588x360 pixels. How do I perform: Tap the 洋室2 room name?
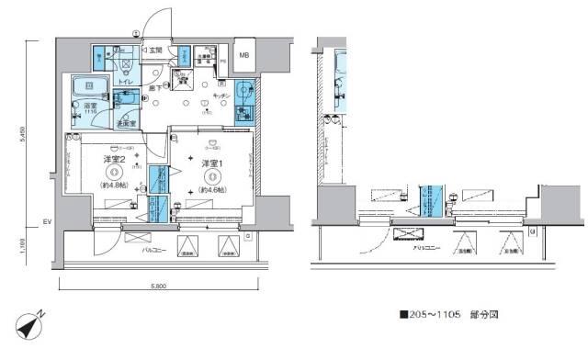[114, 158]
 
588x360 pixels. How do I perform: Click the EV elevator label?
[47, 221]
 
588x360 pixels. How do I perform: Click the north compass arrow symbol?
[28, 325]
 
